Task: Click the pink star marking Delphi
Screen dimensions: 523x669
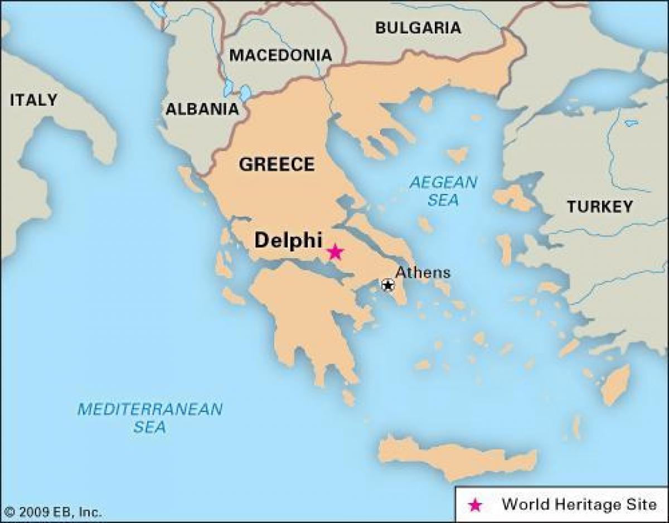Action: [x=334, y=252]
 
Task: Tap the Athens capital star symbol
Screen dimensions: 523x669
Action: [x=387, y=285]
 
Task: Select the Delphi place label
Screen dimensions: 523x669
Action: [x=288, y=240]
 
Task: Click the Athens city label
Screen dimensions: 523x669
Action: [x=423, y=273]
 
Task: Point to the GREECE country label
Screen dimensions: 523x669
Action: [x=277, y=164]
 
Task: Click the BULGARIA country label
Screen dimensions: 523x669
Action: [x=418, y=28]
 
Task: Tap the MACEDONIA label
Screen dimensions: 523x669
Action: [x=280, y=55]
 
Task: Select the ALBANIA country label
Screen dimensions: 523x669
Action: [x=202, y=109]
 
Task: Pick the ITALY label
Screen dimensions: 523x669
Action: [x=33, y=100]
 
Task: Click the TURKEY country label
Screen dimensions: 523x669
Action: [x=600, y=207]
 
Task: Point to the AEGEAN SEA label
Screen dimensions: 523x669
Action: [x=443, y=191]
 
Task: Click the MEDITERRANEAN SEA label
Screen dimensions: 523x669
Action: [x=149, y=418]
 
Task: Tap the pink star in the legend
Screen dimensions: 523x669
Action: [x=475, y=505]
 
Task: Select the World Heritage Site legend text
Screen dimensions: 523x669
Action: [x=579, y=505]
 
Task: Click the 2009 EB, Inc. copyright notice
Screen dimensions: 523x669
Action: [x=53, y=512]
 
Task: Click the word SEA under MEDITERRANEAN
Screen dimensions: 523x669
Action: [x=149, y=428]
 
